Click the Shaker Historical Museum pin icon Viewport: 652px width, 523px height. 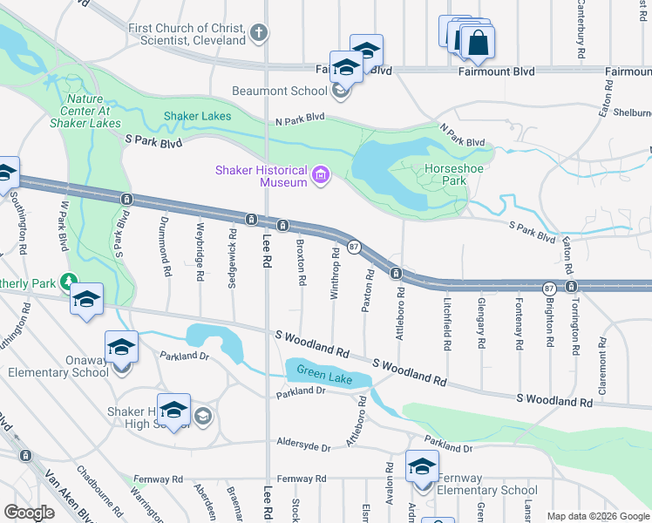(x=321, y=177)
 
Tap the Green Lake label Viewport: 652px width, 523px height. (x=323, y=376)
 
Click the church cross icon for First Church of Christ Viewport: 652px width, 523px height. (x=258, y=34)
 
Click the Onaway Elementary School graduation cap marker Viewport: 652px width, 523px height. (x=121, y=346)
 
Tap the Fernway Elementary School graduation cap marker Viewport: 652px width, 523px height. (x=422, y=465)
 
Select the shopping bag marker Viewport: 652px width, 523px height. (x=478, y=42)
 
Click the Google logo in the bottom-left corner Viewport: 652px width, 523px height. (x=29, y=513)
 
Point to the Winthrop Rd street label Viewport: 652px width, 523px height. (x=334, y=274)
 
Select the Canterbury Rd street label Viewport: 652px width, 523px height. (x=580, y=31)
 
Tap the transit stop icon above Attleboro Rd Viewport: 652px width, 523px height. (x=396, y=274)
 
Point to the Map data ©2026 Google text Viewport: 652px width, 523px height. (x=598, y=516)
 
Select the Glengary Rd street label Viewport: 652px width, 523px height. (x=481, y=323)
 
